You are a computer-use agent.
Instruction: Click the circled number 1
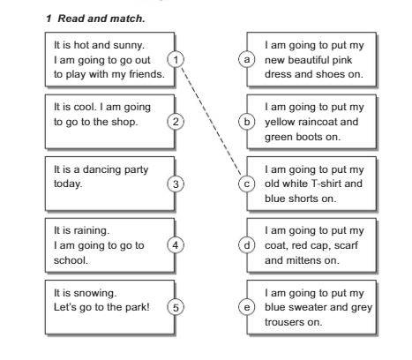click(176, 60)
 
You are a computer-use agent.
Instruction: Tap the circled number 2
click(176, 122)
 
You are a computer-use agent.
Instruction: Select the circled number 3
click(176, 184)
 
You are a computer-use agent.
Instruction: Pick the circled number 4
click(176, 245)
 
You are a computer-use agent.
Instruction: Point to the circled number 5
click(176, 307)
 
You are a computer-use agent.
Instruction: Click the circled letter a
click(247, 59)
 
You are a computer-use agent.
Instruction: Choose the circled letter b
click(247, 122)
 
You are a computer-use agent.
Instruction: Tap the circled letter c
click(247, 184)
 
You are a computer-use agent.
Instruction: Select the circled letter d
click(247, 245)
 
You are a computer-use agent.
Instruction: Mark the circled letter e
click(247, 307)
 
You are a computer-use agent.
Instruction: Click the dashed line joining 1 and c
click(211, 121)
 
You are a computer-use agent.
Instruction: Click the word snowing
click(95, 293)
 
